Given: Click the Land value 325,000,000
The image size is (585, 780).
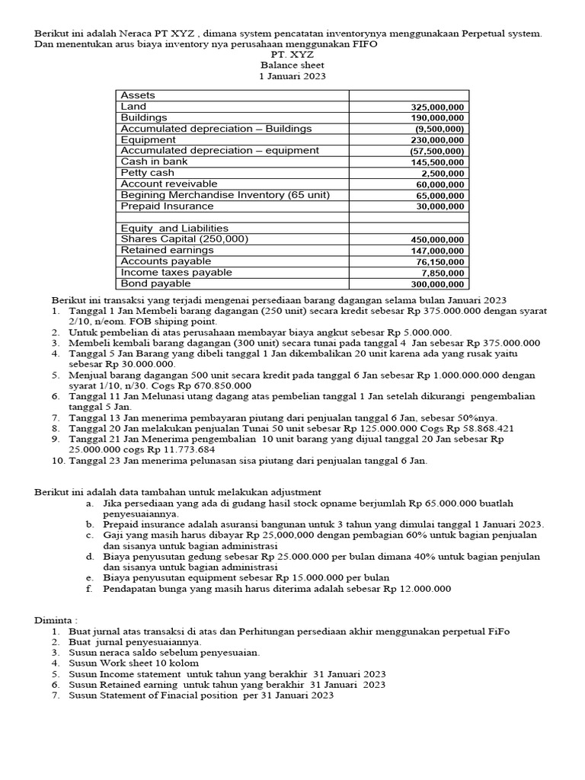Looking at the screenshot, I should [x=437, y=107].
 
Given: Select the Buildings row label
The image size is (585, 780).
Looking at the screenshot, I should [x=144, y=118].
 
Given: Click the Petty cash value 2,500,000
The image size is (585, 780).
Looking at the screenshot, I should [x=442, y=174].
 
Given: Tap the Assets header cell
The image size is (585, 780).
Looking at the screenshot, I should [x=138, y=95].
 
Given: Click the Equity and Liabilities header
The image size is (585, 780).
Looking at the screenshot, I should [x=174, y=228].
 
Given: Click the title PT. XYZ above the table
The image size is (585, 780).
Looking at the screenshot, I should [x=292, y=56].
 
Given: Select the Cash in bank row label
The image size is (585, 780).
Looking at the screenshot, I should [x=155, y=161].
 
